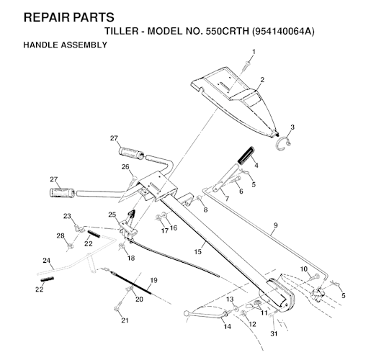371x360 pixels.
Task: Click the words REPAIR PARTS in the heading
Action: click(x=69, y=17)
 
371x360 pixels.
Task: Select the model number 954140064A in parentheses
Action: click(x=283, y=32)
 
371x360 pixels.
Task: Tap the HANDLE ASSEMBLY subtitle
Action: click(x=65, y=45)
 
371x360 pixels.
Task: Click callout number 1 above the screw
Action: click(x=254, y=52)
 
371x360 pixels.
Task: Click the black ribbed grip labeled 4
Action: click(x=246, y=155)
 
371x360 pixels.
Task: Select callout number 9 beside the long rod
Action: click(x=275, y=225)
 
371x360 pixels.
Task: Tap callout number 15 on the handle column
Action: click(x=198, y=252)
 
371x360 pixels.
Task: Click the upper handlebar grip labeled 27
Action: click(x=131, y=153)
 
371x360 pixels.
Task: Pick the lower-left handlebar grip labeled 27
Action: click(x=63, y=192)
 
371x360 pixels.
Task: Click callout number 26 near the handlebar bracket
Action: click(x=125, y=167)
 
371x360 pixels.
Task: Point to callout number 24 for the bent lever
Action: click(x=47, y=261)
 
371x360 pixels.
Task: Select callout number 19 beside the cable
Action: click(x=153, y=280)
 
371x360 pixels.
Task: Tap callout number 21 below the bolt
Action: click(x=125, y=320)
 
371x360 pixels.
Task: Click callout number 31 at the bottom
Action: click(x=274, y=333)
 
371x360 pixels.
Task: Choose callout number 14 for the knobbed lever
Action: click(x=228, y=326)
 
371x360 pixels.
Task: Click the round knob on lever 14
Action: click(x=186, y=313)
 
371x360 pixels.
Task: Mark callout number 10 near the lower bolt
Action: click(x=304, y=269)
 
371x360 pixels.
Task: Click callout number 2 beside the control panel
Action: click(x=262, y=80)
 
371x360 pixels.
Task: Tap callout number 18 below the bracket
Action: click(x=131, y=258)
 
